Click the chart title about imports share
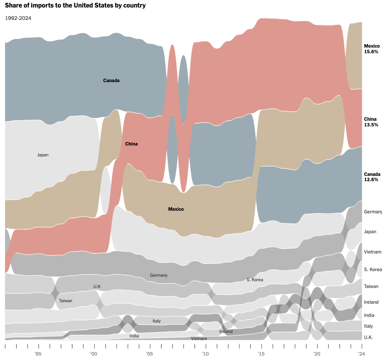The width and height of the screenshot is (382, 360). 75,6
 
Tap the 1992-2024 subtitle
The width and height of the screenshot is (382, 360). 18,18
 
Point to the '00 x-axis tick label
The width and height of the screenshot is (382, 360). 94,354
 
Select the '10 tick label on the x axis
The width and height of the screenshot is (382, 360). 205,354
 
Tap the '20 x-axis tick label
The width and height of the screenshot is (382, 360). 317,354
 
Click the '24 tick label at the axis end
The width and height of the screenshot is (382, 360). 361,354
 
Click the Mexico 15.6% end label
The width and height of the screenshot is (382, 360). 371,49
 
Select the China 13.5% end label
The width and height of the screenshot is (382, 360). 371,122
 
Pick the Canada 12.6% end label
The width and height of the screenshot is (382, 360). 372,177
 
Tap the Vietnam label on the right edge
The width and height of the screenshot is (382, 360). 372,252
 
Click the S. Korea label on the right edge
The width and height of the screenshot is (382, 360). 373,270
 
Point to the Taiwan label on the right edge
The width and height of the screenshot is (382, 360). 371,286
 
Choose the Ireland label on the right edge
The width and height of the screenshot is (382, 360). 371,302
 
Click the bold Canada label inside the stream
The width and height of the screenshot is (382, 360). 111,80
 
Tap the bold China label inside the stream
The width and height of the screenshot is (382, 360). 131,144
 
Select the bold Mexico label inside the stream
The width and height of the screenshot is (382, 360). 176,209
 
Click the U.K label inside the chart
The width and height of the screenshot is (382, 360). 97,287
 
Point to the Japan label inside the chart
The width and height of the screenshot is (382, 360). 43,155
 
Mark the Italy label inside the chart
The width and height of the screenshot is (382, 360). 156,321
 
